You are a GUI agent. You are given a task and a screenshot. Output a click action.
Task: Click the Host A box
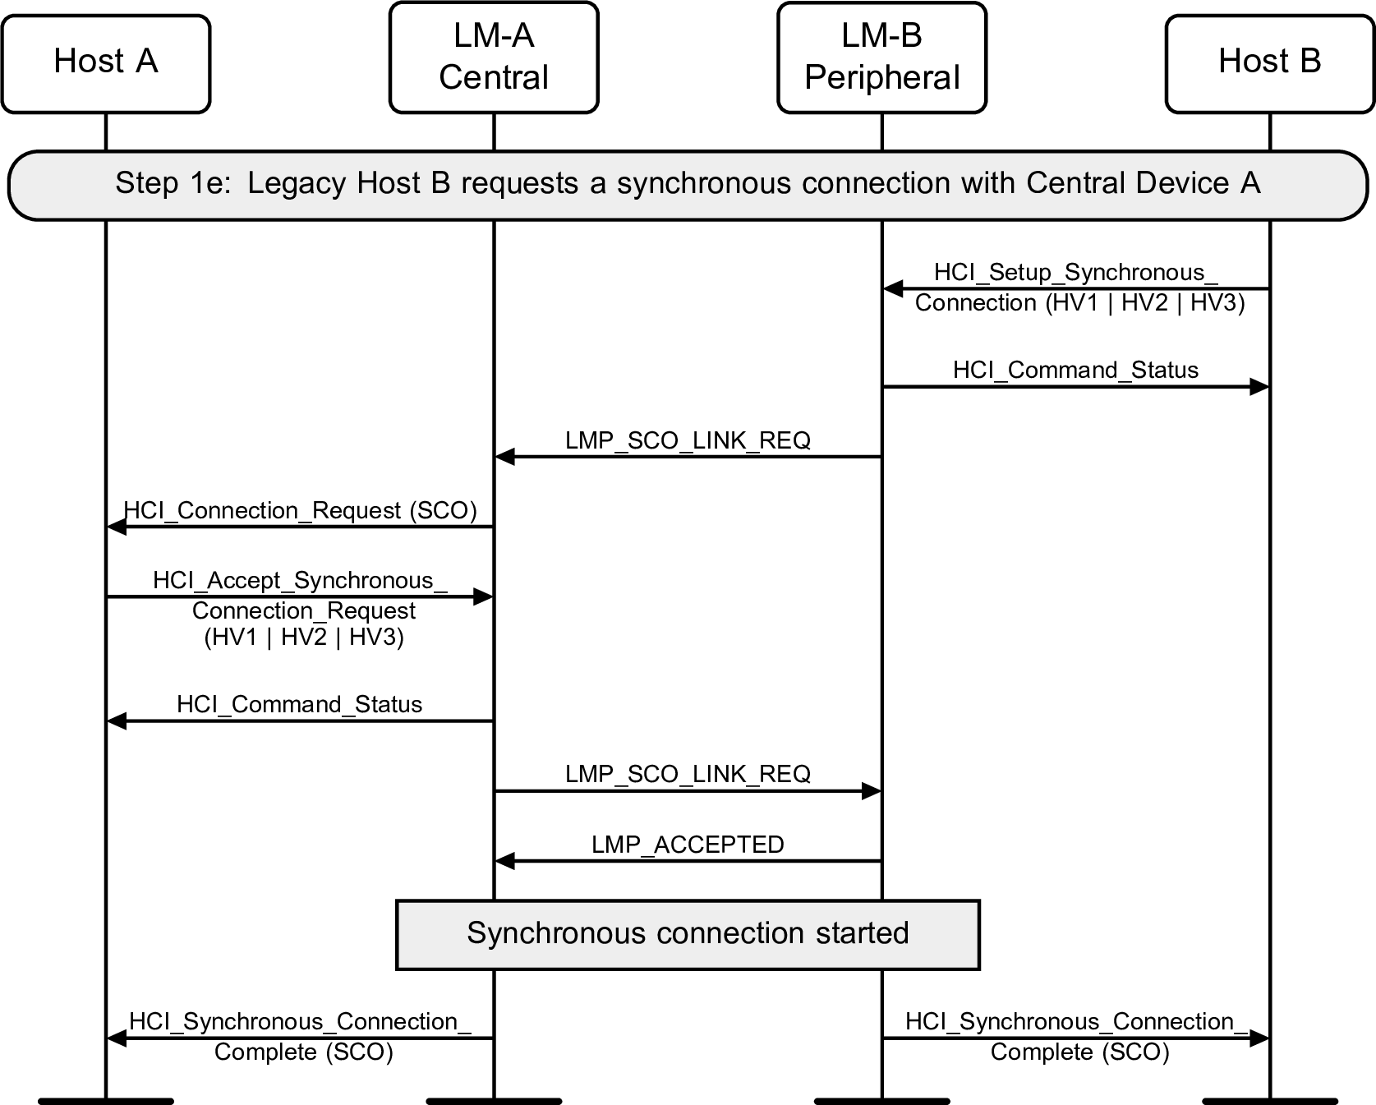pyautogui.click(x=105, y=63)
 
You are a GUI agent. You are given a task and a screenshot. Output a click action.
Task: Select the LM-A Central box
pyautogui.click(x=493, y=58)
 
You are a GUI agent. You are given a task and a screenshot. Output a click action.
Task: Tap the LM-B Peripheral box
pyautogui.click(x=881, y=58)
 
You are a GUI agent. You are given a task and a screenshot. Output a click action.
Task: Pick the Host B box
pyautogui.click(x=1269, y=63)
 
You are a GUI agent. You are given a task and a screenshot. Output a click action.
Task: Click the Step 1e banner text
pyautogui.click(x=688, y=183)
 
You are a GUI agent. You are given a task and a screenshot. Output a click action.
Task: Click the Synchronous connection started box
pyautogui.click(x=688, y=934)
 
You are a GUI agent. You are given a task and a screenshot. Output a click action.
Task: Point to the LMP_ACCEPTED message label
pyautogui.click(x=688, y=845)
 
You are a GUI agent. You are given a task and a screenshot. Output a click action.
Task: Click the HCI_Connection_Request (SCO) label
pyautogui.click(x=300, y=510)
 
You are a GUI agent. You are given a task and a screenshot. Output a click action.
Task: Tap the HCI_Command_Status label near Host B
pyautogui.click(x=1075, y=370)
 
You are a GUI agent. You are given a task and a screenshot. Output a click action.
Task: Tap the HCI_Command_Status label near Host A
pyautogui.click(x=299, y=704)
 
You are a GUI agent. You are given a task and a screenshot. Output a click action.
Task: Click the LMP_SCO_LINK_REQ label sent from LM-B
pyautogui.click(x=688, y=440)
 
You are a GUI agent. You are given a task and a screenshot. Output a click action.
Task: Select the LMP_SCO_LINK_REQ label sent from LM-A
pyautogui.click(x=688, y=774)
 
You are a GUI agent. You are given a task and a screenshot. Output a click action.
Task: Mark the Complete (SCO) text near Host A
pyautogui.click(x=303, y=1052)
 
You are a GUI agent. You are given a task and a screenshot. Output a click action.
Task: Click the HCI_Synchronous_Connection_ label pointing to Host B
pyautogui.click(x=1075, y=1022)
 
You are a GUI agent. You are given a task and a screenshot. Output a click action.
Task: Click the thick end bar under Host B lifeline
pyautogui.click(x=1269, y=1100)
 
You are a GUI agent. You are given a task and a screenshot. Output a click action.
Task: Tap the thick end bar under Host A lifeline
pyautogui.click(x=105, y=1100)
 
